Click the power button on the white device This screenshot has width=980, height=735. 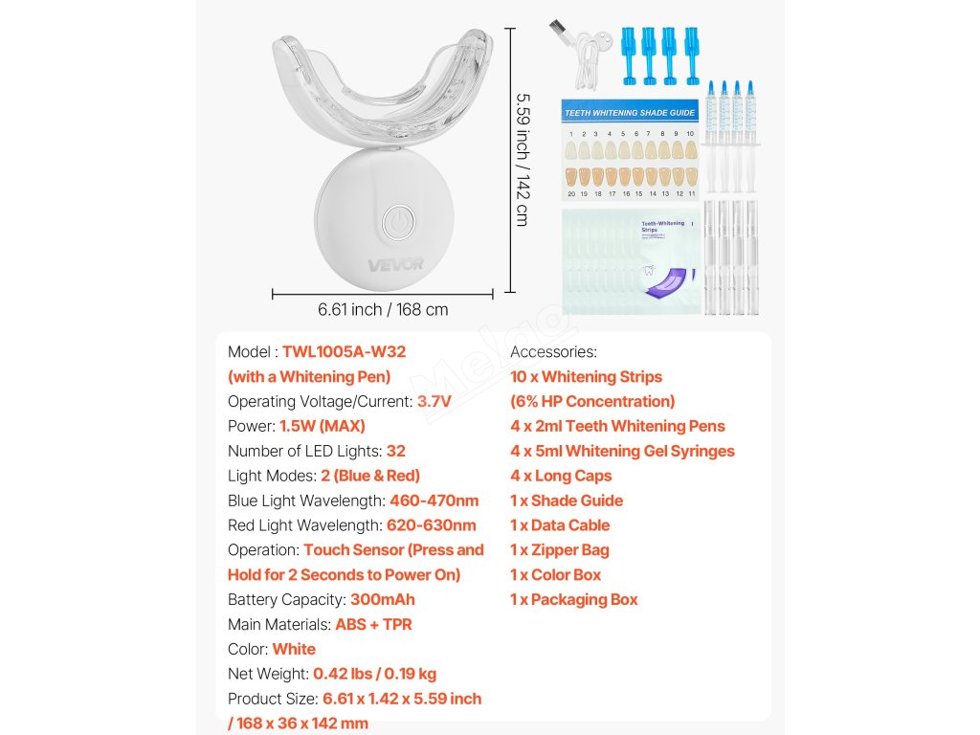tap(395, 224)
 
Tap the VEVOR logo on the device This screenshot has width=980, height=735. tap(395, 264)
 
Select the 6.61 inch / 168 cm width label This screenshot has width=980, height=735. tap(383, 310)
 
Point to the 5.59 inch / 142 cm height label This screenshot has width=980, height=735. tap(522, 159)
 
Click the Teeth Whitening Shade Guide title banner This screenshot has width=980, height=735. tap(629, 112)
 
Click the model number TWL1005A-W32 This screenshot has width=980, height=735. tap(350, 352)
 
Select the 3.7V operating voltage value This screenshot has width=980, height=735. tap(434, 402)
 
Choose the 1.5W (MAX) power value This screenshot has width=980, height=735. tap(322, 427)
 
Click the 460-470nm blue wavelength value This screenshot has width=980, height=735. tap(434, 501)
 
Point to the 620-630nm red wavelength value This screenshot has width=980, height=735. tap(431, 525)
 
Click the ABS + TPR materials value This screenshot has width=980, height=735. tap(373, 625)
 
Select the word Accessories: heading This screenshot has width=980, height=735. tap(553, 352)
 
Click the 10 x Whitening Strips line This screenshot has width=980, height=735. tap(586, 377)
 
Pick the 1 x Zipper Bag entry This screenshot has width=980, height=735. tap(559, 550)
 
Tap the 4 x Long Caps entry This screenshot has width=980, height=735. tap(561, 476)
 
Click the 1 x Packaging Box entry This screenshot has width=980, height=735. tap(573, 600)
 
